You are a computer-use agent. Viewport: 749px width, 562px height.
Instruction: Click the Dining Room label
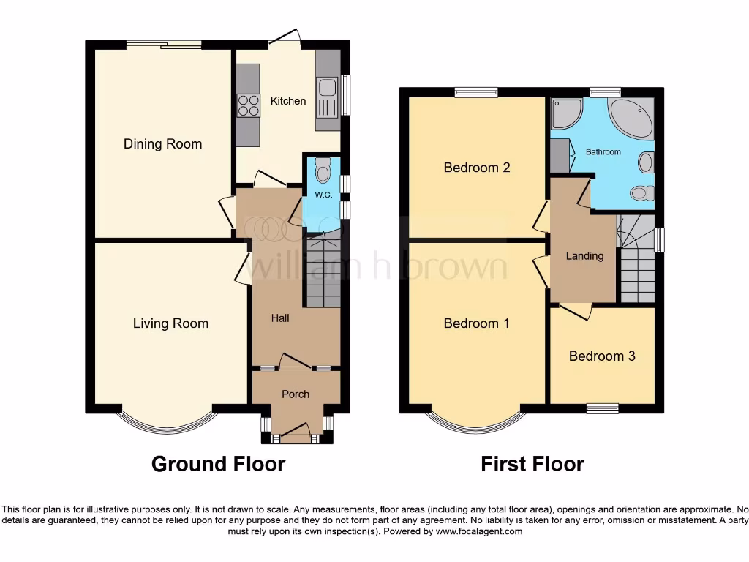[162, 144]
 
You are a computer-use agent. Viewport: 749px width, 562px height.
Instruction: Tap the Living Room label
[170, 323]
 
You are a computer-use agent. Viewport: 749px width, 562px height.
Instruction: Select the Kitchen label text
[288, 101]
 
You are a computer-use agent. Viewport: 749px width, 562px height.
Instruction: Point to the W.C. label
[323, 195]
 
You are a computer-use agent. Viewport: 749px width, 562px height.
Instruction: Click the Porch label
[296, 394]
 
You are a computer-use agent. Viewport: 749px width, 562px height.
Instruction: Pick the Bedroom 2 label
[477, 168]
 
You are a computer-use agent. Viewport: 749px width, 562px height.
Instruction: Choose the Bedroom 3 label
[602, 356]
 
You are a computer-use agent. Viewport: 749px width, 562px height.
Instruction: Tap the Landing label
[585, 256]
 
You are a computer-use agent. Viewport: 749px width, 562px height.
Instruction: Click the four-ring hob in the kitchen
[248, 106]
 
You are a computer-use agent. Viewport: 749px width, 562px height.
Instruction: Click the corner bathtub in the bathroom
[631, 118]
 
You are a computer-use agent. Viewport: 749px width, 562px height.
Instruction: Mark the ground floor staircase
[323, 271]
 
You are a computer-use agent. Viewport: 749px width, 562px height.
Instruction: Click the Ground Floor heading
[218, 464]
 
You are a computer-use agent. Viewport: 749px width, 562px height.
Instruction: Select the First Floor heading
[532, 464]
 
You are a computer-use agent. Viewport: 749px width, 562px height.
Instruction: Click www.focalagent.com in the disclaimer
[478, 531]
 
